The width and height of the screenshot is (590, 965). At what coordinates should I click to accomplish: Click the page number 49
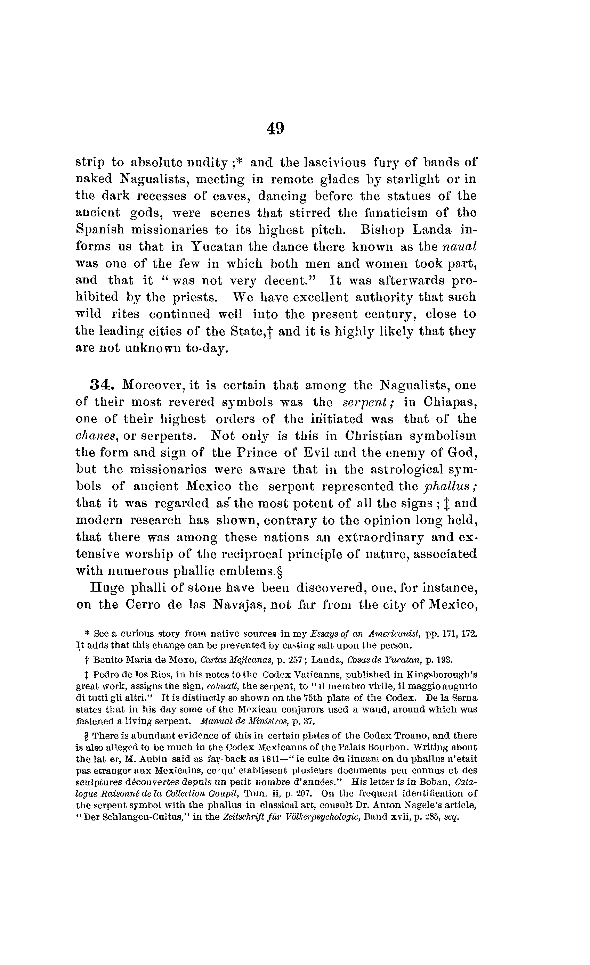coord(276,128)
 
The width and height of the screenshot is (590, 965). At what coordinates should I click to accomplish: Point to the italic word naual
coord(459,246)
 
